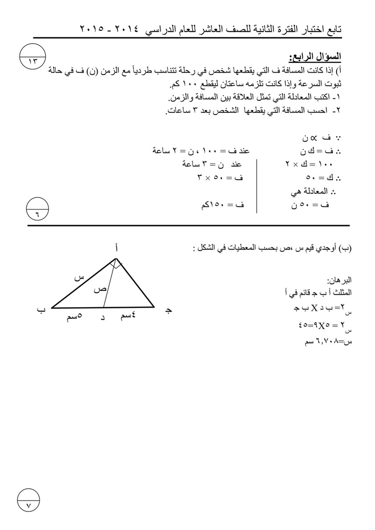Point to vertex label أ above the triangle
(x=116, y=251)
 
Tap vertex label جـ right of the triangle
(x=168, y=310)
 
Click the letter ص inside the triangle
(x=99, y=289)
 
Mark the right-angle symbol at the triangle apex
(x=116, y=265)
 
